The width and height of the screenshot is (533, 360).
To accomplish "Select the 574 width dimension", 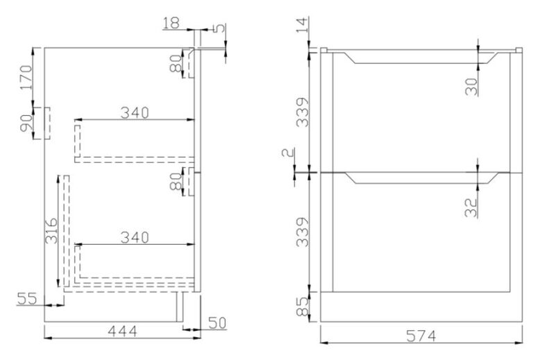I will [421, 336].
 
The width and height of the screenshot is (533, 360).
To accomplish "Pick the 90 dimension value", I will [26, 125].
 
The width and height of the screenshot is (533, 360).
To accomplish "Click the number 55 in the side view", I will [27, 299].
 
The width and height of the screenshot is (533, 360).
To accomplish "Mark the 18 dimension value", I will [171, 24].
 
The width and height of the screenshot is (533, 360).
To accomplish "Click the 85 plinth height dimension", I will [300, 306].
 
